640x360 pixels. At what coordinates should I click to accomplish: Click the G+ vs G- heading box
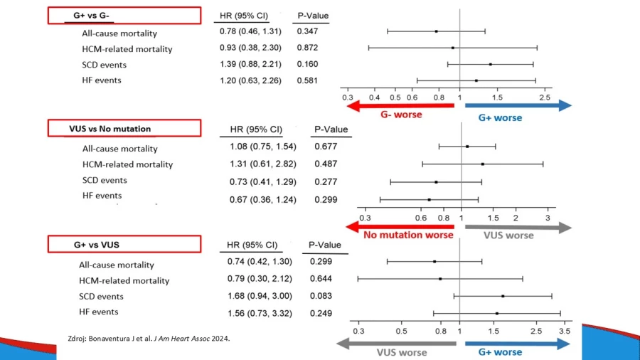124,16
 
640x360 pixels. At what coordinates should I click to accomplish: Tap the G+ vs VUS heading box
124,244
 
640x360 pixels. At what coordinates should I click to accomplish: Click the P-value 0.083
321,296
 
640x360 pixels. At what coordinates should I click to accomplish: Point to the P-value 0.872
307,48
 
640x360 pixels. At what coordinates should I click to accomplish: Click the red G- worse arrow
400,106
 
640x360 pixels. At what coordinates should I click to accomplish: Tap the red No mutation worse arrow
400,226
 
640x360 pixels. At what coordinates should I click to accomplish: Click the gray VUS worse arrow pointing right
518,228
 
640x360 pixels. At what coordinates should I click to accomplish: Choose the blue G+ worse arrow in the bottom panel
518,344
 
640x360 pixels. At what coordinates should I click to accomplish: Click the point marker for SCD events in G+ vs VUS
503,296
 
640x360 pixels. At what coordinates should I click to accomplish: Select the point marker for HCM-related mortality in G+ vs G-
453,48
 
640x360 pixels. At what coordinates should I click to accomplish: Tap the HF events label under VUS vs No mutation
102,196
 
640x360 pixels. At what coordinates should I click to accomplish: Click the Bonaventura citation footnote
149,339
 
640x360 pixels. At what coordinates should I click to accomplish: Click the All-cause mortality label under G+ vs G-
119,33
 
